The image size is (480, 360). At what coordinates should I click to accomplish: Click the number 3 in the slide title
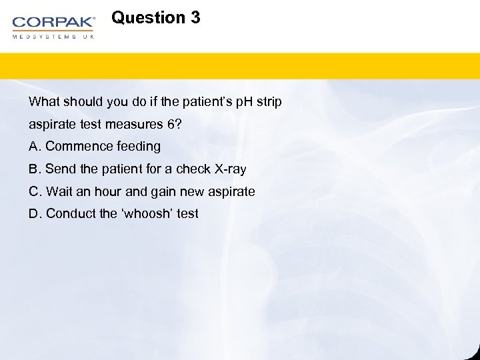(195, 18)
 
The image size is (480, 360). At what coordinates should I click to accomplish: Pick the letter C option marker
(34, 191)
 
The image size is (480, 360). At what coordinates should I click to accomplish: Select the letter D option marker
(34, 214)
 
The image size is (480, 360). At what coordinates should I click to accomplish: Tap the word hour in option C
(108, 191)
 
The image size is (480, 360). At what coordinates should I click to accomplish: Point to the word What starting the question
(44, 102)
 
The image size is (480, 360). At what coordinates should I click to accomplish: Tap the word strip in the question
(268, 102)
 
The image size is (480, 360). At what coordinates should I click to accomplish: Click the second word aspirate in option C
(231, 191)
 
